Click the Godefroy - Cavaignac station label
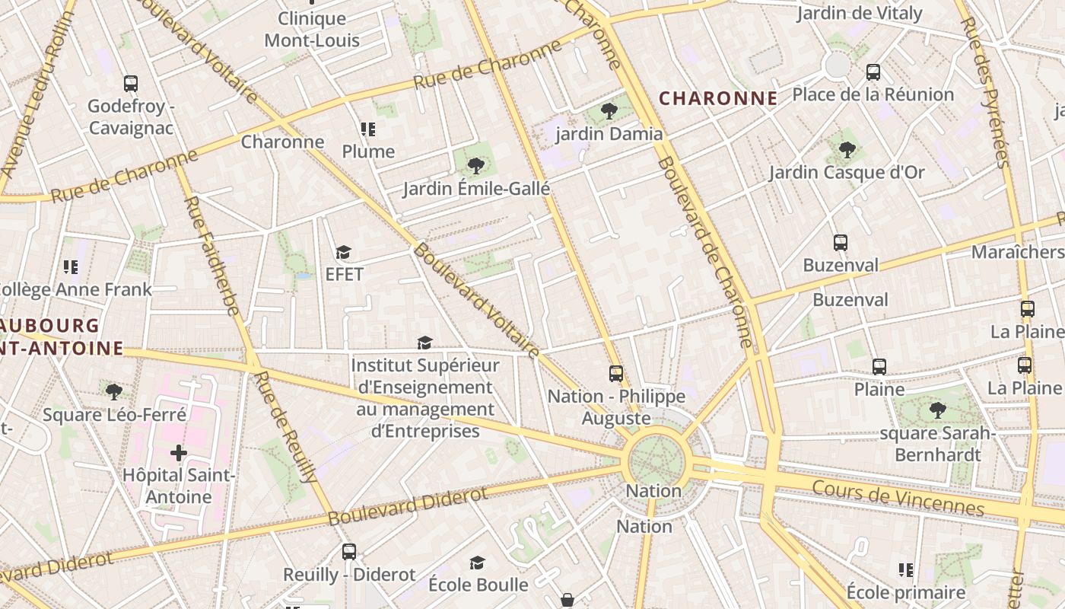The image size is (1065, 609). point(130,116)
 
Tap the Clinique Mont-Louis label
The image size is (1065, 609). point(312,29)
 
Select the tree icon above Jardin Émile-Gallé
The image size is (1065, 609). point(476,165)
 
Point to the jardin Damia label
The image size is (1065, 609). point(609,134)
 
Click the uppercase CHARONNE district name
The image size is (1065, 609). point(718,98)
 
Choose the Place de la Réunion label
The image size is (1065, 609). point(873,94)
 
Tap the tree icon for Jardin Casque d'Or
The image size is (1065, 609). point(847,150)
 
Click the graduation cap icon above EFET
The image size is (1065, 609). point(344,252)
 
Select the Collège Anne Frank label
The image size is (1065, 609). point(75,289)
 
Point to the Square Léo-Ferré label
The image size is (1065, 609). point(114,415)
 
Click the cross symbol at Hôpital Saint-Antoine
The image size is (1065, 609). point(179,454)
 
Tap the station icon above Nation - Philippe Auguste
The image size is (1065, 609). point(616,374)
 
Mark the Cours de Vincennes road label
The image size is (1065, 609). point(898,497)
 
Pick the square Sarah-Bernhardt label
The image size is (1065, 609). point(937,444)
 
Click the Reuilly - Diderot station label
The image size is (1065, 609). point(349,574)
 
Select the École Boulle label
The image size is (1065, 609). point(478,585)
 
